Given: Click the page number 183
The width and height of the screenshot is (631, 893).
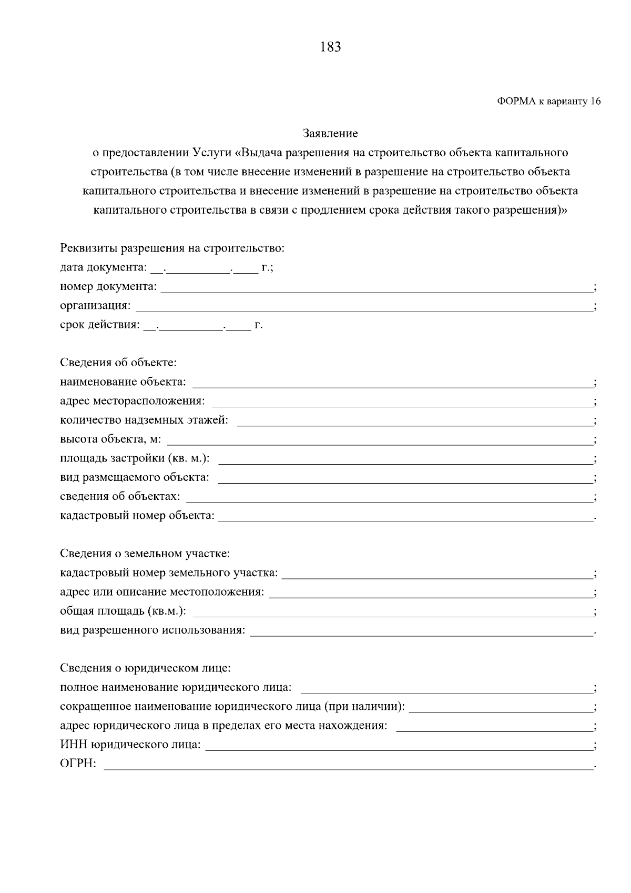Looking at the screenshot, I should point(330,47).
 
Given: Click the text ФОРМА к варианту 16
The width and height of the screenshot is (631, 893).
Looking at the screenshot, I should point(548,102).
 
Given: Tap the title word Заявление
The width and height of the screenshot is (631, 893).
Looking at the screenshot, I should point(330,134).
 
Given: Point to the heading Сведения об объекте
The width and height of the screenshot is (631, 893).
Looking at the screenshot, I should point(118,363).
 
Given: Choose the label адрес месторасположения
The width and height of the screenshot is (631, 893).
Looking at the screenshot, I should point(133,401).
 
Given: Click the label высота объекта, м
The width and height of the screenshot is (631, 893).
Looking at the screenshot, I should point(111,439).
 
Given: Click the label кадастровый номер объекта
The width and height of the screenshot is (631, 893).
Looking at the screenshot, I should point(137,516).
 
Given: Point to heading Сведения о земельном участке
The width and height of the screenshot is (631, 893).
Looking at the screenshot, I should point(145,554).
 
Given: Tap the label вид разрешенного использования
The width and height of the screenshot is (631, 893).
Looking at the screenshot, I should point(152,630).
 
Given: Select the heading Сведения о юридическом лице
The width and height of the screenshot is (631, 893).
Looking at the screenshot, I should point(146,668).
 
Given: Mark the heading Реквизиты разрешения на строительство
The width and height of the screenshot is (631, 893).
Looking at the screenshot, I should point(172,248).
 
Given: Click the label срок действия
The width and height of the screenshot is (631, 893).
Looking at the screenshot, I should point(100,325).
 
